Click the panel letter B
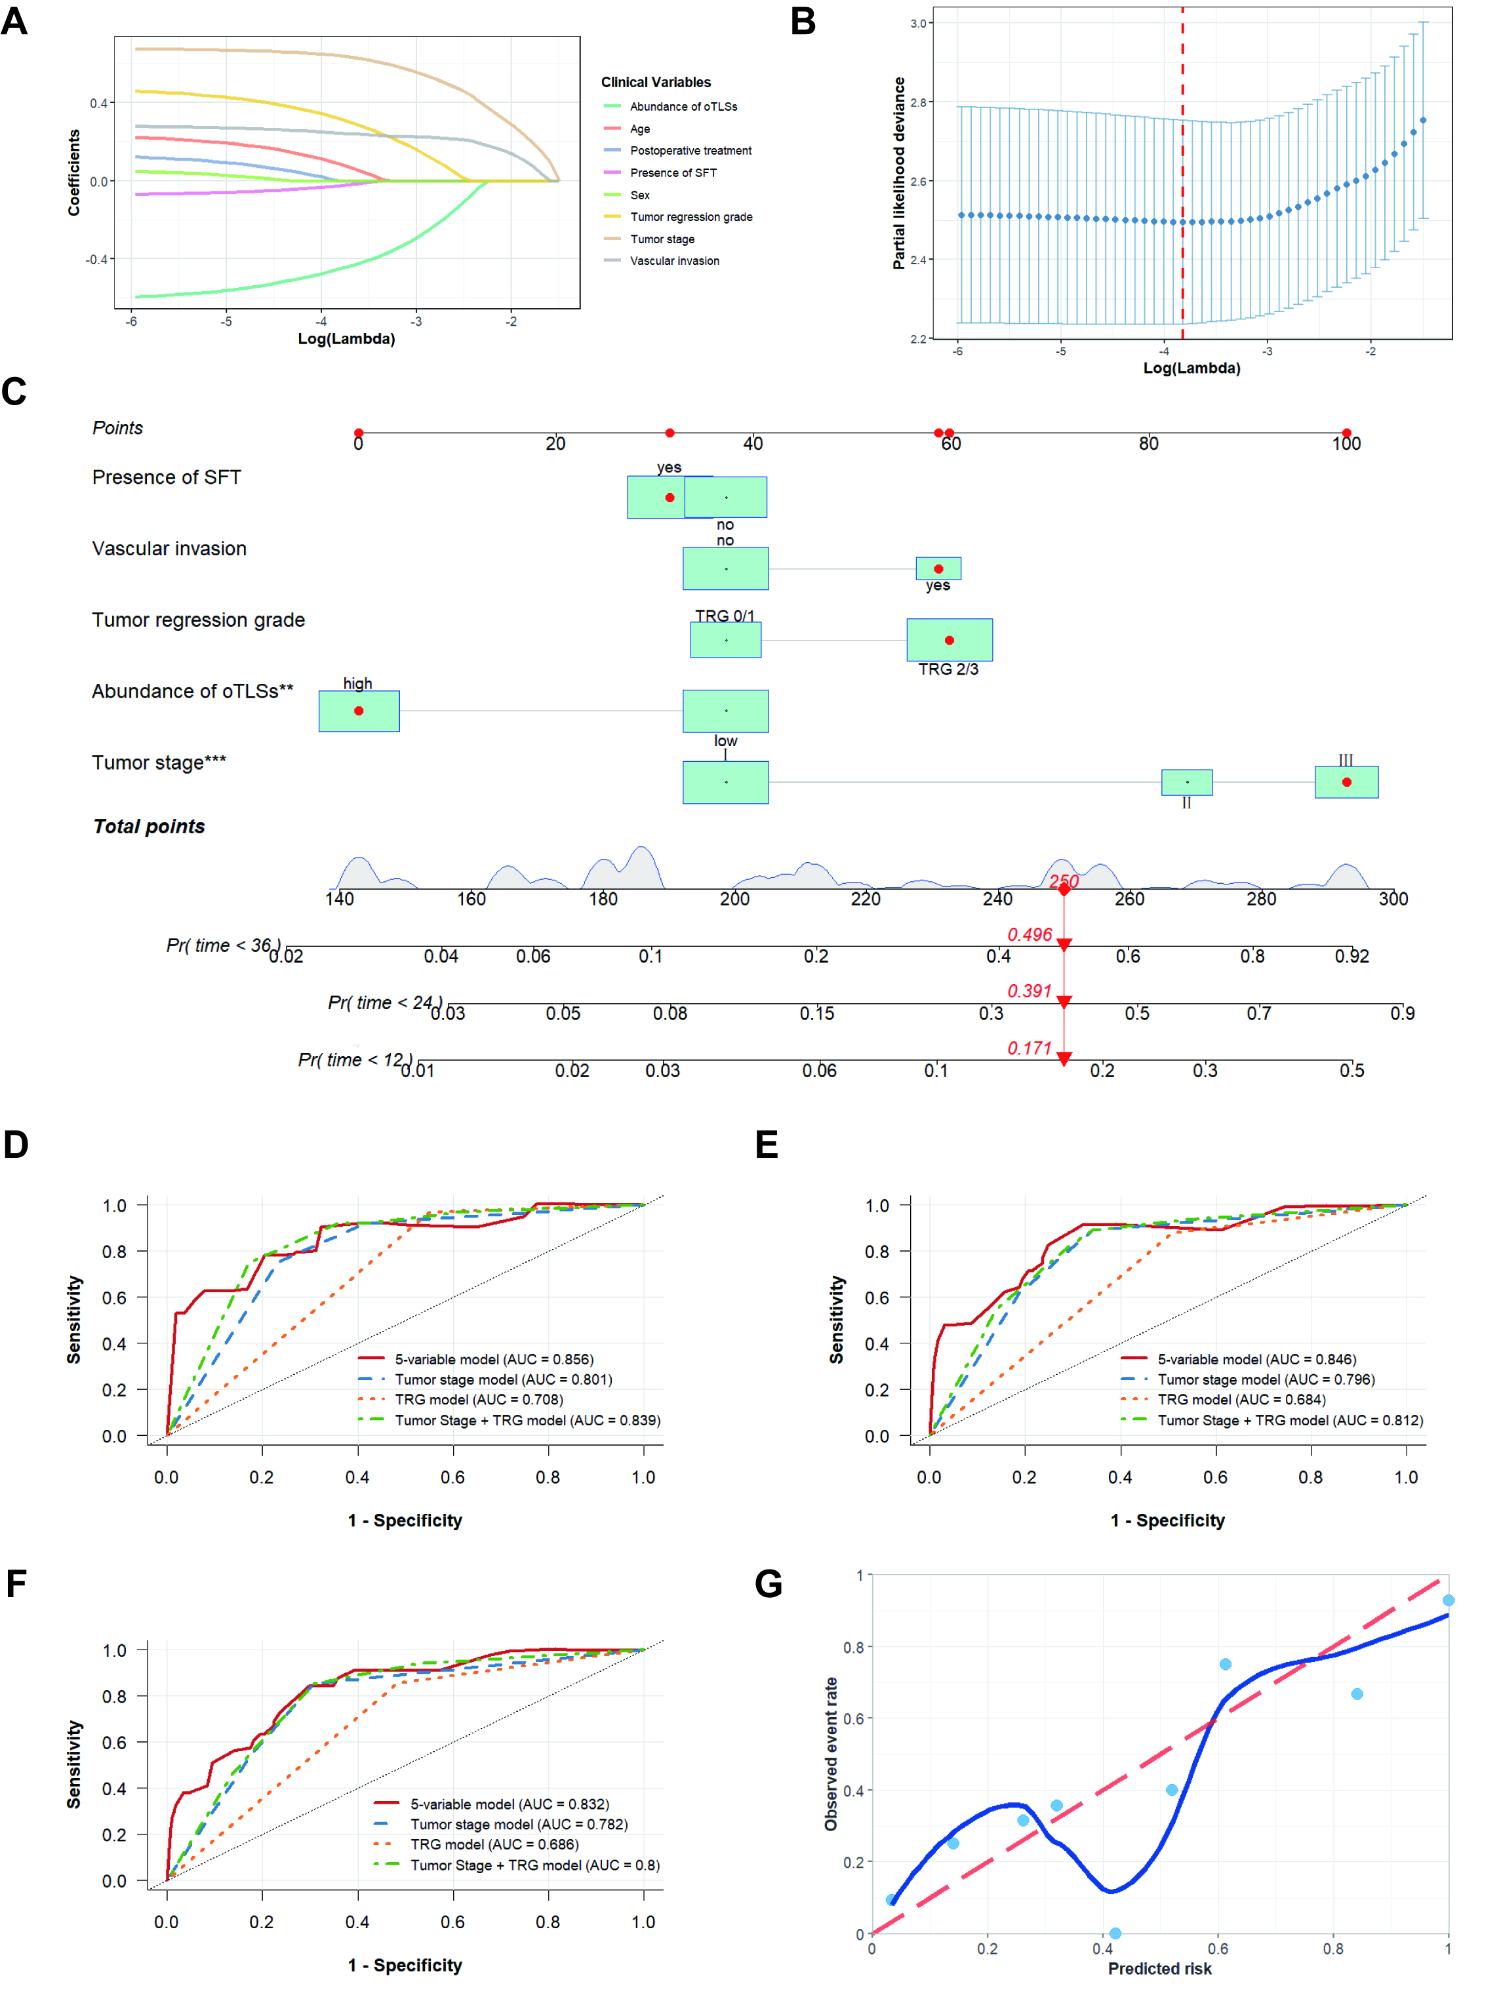(803, 21)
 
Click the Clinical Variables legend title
(656, 82)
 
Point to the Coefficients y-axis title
(74, 172)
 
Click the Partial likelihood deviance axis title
(899, 172)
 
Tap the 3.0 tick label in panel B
(918, 24)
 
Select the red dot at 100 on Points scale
(1346, 433)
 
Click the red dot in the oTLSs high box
(359, 711)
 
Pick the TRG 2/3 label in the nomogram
(948, 669)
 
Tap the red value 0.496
(1030, 934)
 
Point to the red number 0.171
(1030, 1048)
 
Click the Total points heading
(149, 827)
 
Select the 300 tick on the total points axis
(1393, 899)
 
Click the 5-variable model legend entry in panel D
(476, 1359)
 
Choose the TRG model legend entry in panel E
(1224, 1400)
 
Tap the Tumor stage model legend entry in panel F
(502, 1825)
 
